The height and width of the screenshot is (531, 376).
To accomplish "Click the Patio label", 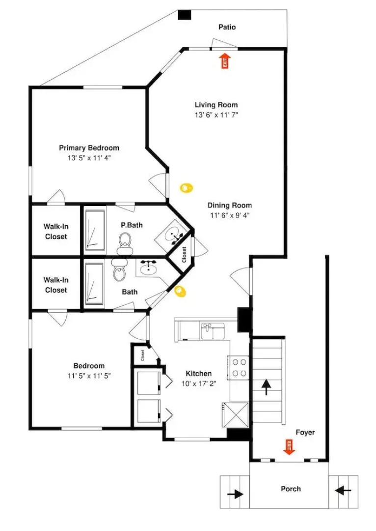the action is point(227,27).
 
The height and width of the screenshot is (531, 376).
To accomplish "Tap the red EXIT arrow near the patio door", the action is point(225,60).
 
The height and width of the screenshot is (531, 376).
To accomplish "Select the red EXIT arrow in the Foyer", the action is point(289,447).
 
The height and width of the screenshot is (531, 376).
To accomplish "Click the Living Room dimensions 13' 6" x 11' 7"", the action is point(216,115).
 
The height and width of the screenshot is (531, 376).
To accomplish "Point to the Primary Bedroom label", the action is point(89,148).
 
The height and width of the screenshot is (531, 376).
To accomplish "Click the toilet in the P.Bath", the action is point(124,243).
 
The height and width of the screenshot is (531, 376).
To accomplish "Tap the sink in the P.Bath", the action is point(173,235).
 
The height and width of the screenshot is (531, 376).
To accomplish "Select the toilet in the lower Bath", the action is point(119,269).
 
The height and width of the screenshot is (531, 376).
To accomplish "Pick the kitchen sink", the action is point(213,331).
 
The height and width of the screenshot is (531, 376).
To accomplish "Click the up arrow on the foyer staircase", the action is point(267,387).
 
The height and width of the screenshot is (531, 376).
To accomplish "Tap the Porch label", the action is point(291,489).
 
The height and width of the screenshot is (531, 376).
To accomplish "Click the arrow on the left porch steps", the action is point(235,494).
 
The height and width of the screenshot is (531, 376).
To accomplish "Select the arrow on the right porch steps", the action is point(343,490).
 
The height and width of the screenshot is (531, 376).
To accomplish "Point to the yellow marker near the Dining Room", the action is point(186,188).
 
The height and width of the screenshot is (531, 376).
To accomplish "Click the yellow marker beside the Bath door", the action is point(180,292).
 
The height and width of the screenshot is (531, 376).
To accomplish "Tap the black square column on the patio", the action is point(185,15).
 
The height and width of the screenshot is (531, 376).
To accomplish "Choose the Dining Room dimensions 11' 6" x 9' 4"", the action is point(230,215).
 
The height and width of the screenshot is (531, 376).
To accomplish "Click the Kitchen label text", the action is point(199,374).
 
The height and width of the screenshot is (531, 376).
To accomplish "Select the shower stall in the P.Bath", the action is point(95,231).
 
